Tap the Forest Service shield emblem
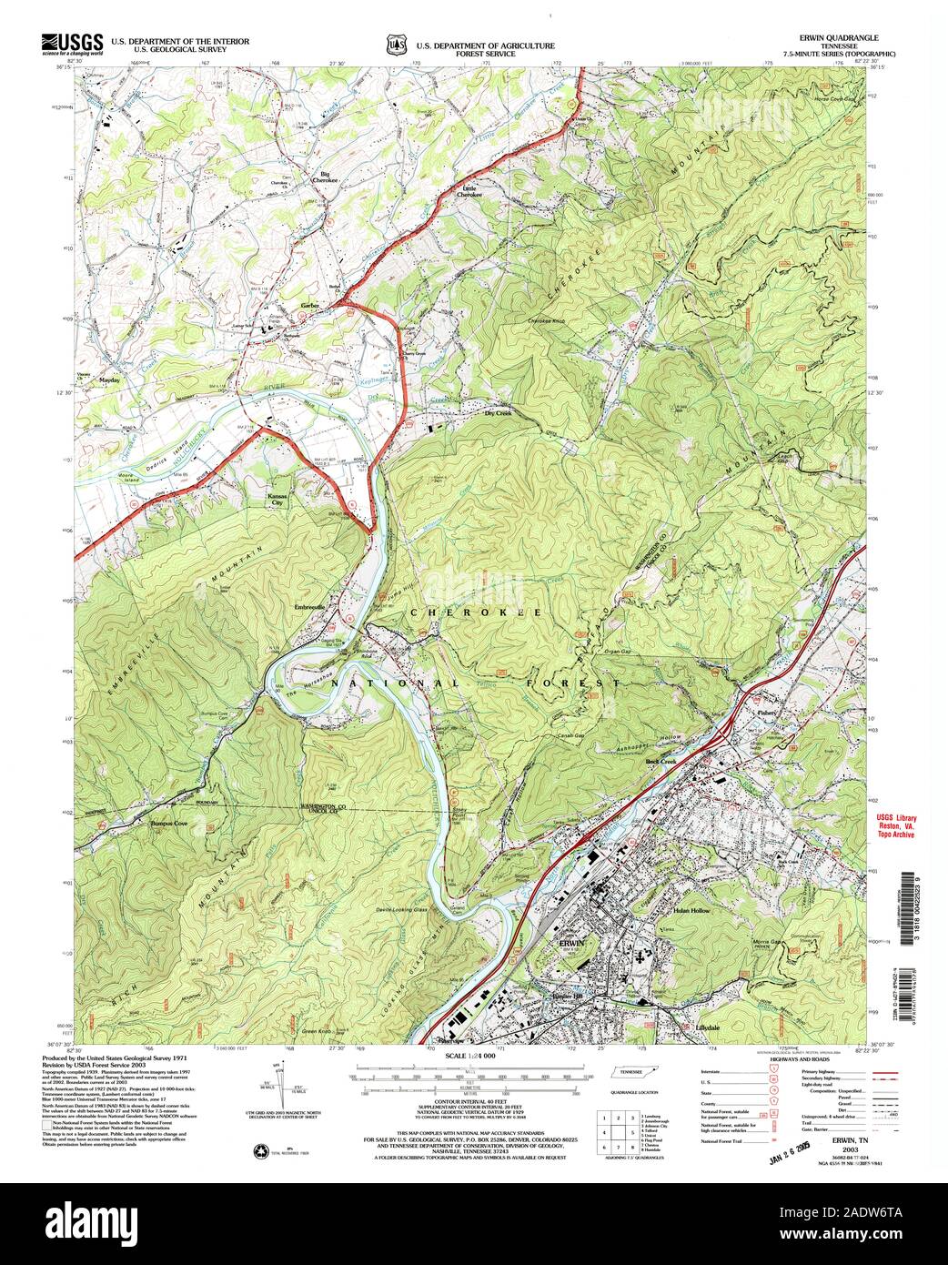[395, 45]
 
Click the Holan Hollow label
[691, 910]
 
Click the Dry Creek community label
[498, 413]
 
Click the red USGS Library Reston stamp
[896, 825]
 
